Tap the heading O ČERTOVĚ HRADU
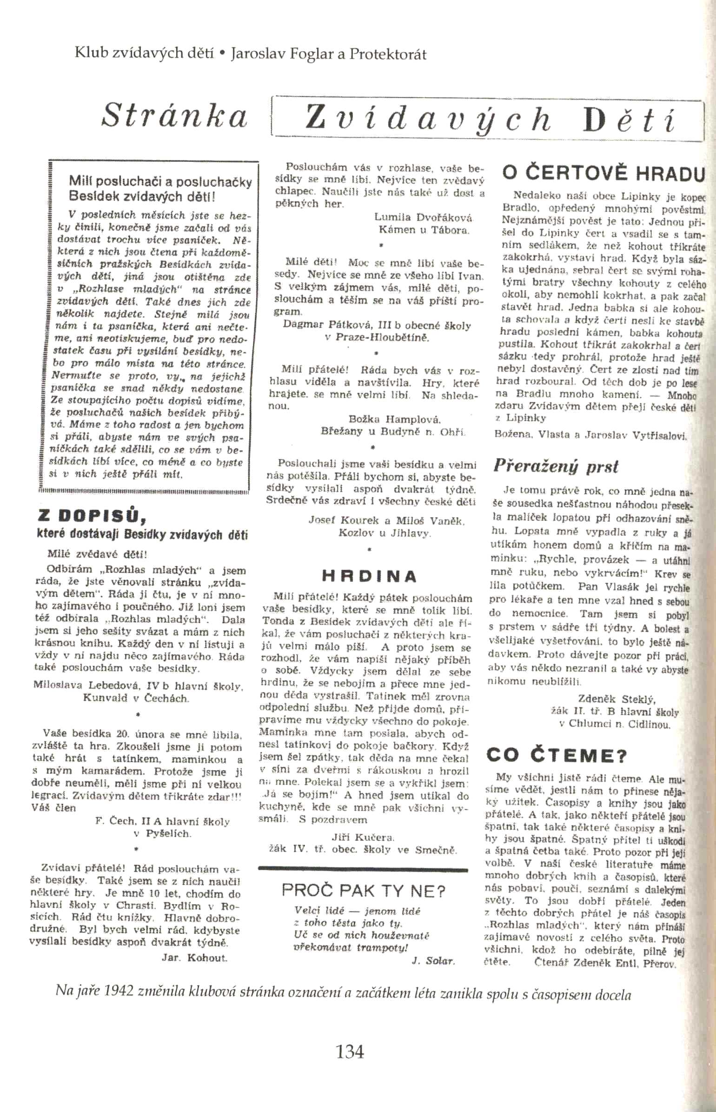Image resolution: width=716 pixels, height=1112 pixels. tap(603, 173)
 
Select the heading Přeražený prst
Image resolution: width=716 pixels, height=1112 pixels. tap(556, 466)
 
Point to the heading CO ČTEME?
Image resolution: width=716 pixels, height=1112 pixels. tap(556, 755)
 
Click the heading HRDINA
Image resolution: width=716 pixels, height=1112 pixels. tap(369, 577)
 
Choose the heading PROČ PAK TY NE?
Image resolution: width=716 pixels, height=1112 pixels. tap(364, 891)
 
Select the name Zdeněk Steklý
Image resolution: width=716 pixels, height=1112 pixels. tap(617, 699)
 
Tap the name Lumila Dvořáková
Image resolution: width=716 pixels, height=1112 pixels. tap(423, 218)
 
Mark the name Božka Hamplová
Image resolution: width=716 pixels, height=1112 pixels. tap(394, 419)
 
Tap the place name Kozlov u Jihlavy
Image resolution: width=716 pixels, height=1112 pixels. tap(384, 533)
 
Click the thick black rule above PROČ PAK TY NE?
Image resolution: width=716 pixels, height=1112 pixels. tap(363, 868)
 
